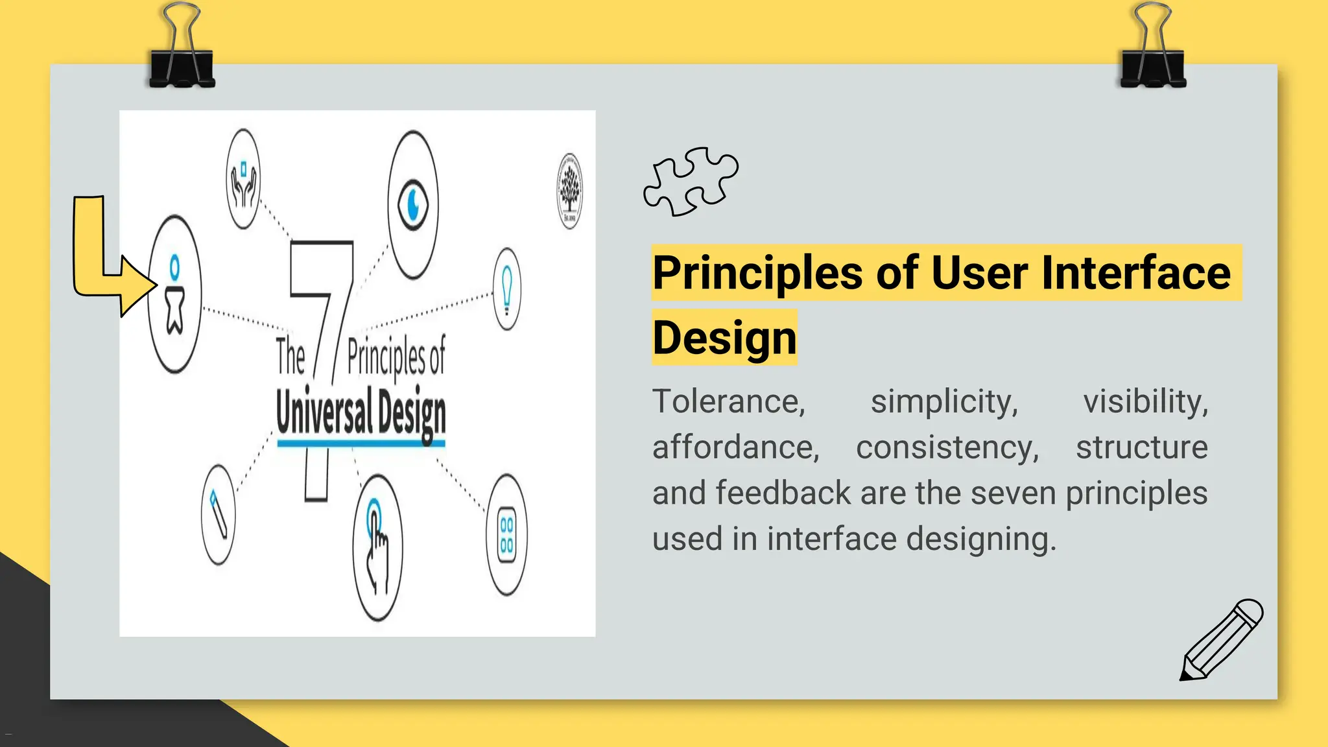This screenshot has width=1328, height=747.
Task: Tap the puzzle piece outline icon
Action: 691,182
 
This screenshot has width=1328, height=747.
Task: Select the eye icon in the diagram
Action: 413,205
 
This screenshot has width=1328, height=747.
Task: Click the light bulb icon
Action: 507,289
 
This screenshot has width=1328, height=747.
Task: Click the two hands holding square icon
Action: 244,179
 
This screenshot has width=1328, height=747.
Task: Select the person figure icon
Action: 174,295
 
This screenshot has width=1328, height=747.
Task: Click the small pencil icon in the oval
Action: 219,514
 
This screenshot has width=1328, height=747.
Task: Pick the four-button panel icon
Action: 506,535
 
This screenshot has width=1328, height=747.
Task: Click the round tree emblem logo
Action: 569,191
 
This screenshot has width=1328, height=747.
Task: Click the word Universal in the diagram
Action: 324,412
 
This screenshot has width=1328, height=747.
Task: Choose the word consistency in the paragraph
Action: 947,447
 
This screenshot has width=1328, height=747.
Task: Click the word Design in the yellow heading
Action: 724,338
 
